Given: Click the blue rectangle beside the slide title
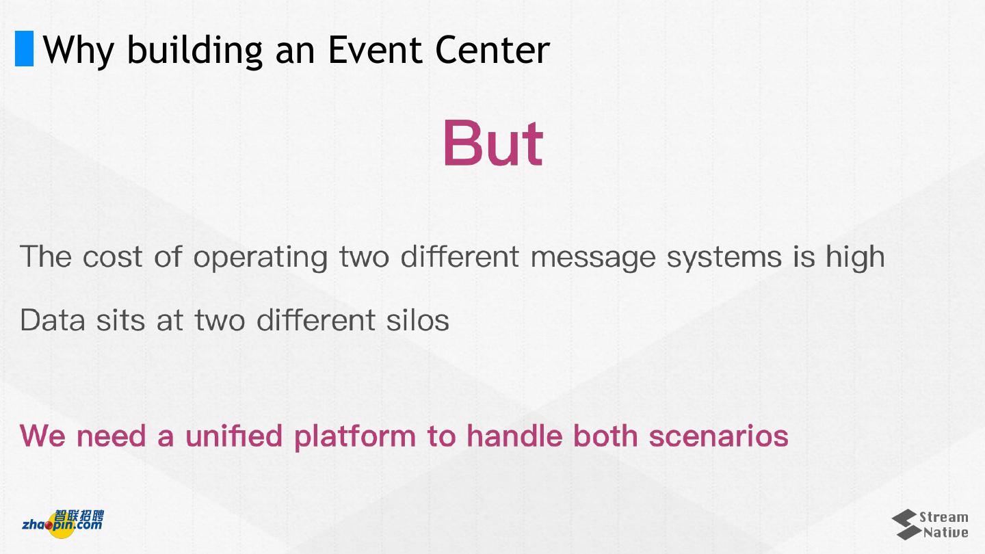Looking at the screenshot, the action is pos(24,49).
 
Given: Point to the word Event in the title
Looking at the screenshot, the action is pos(376,49).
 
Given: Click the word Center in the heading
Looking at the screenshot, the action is pos(492,50).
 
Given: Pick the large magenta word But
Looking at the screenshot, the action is pos(493,143).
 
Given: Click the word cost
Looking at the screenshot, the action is pos(113,256).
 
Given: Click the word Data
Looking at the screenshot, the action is pos(52,320).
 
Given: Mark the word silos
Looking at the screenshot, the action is pos(418,319).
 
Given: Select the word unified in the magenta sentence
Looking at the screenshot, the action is pos(234,436).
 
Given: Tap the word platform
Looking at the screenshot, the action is pos(355,437).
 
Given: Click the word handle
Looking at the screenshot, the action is pos(514,436).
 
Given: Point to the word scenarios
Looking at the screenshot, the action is pos(718,436).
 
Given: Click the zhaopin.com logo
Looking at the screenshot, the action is pos(64,524).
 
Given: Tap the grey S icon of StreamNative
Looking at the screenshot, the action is pos(907,525).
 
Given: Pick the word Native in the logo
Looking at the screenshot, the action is pos(945,532).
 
